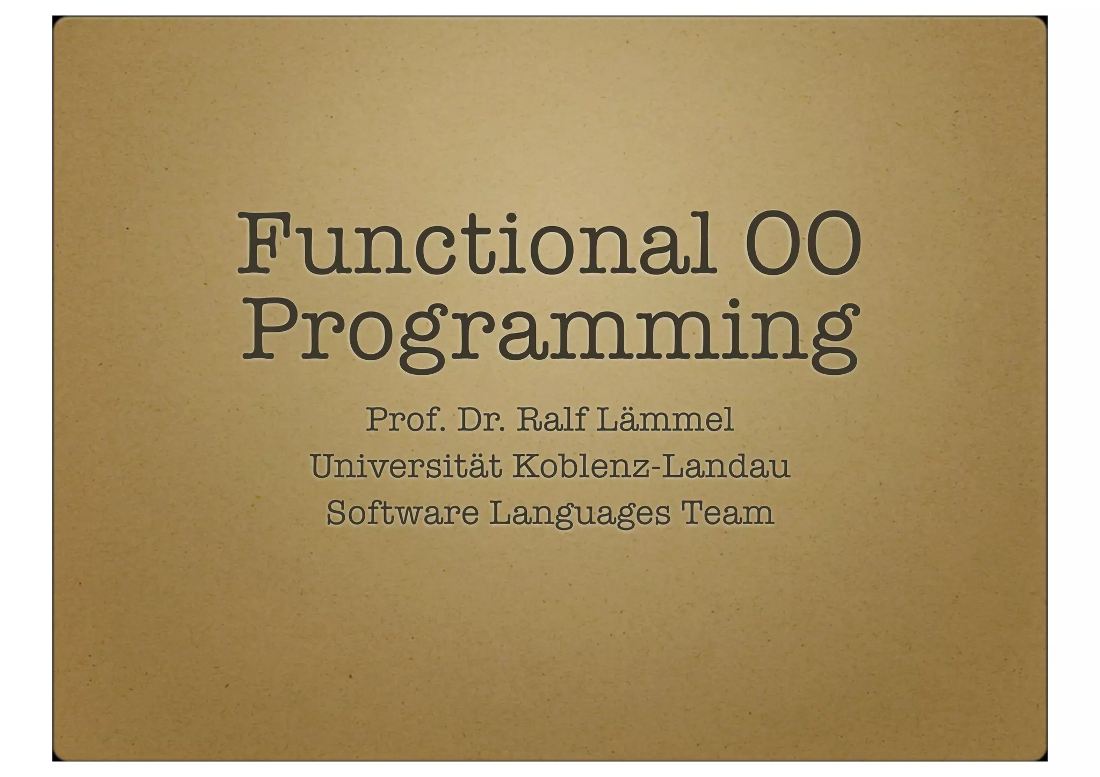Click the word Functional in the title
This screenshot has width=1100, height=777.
click(476, 244)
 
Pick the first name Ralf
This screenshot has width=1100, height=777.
click(551, 420)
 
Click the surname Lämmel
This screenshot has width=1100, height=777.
click(665, 420)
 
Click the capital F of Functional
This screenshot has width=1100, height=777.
click(263, 244)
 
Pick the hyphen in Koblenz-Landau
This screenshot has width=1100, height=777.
click(656, 468)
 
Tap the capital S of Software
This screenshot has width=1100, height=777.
click(337, 513)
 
